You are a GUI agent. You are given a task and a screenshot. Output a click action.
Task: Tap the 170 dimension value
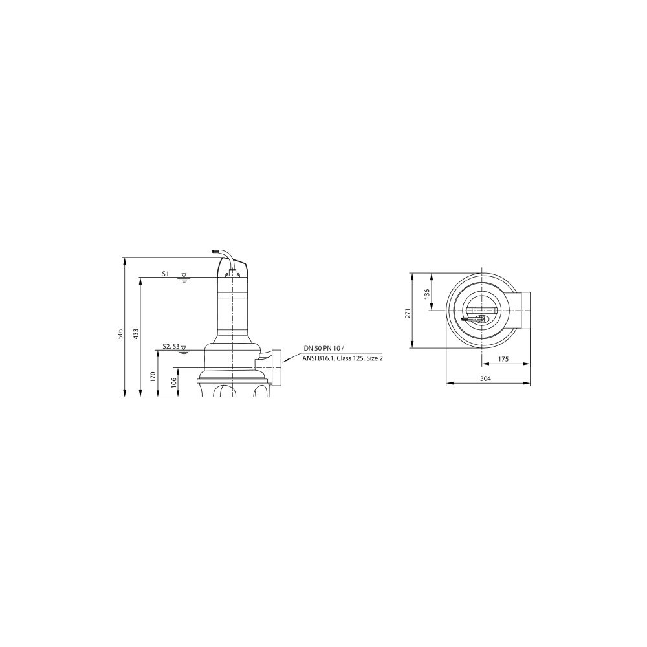[x=153, y=376]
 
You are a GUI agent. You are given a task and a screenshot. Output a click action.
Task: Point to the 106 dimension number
[x=173, y=382]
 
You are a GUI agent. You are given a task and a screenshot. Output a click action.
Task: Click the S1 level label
[x=166, y=273]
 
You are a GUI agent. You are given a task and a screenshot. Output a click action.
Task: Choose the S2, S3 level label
[x=171, y=347]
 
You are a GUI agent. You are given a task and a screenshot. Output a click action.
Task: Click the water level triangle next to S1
[x=184, y=275]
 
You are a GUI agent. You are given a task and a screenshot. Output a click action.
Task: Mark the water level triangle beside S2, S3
[x=184, y=348]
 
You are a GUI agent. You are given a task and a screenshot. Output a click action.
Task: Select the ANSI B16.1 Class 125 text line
[x=342, y=358]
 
